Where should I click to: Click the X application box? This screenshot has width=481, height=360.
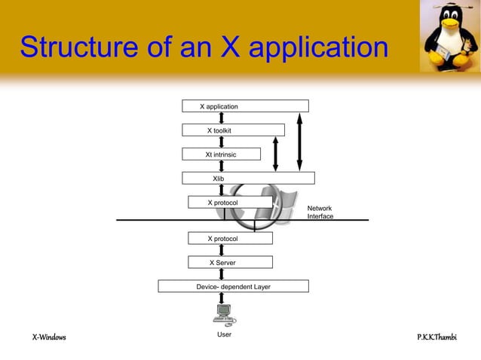pos(245,106)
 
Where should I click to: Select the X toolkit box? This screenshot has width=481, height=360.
pos(233,130)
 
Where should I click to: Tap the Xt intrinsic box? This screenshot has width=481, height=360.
pos(221,154)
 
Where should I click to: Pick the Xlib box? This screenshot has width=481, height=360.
pos(248,178)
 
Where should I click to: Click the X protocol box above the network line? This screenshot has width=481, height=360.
pos(229,203)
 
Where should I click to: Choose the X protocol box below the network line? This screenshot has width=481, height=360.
pos(229,239)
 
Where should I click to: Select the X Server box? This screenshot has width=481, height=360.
pos(229,263)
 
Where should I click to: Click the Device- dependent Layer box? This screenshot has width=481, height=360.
pos(233,287)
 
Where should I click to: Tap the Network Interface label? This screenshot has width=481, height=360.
pos(320,212)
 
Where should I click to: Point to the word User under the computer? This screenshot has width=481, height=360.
pos(224,334)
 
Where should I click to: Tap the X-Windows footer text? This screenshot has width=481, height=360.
pos(48,337)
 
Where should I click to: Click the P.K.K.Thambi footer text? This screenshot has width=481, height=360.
pos(437,337)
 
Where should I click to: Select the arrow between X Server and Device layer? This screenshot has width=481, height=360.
pos(222,274)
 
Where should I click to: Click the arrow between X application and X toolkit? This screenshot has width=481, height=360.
pos(222,118)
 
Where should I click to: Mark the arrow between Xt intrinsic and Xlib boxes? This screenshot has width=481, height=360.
pos(222,166)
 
